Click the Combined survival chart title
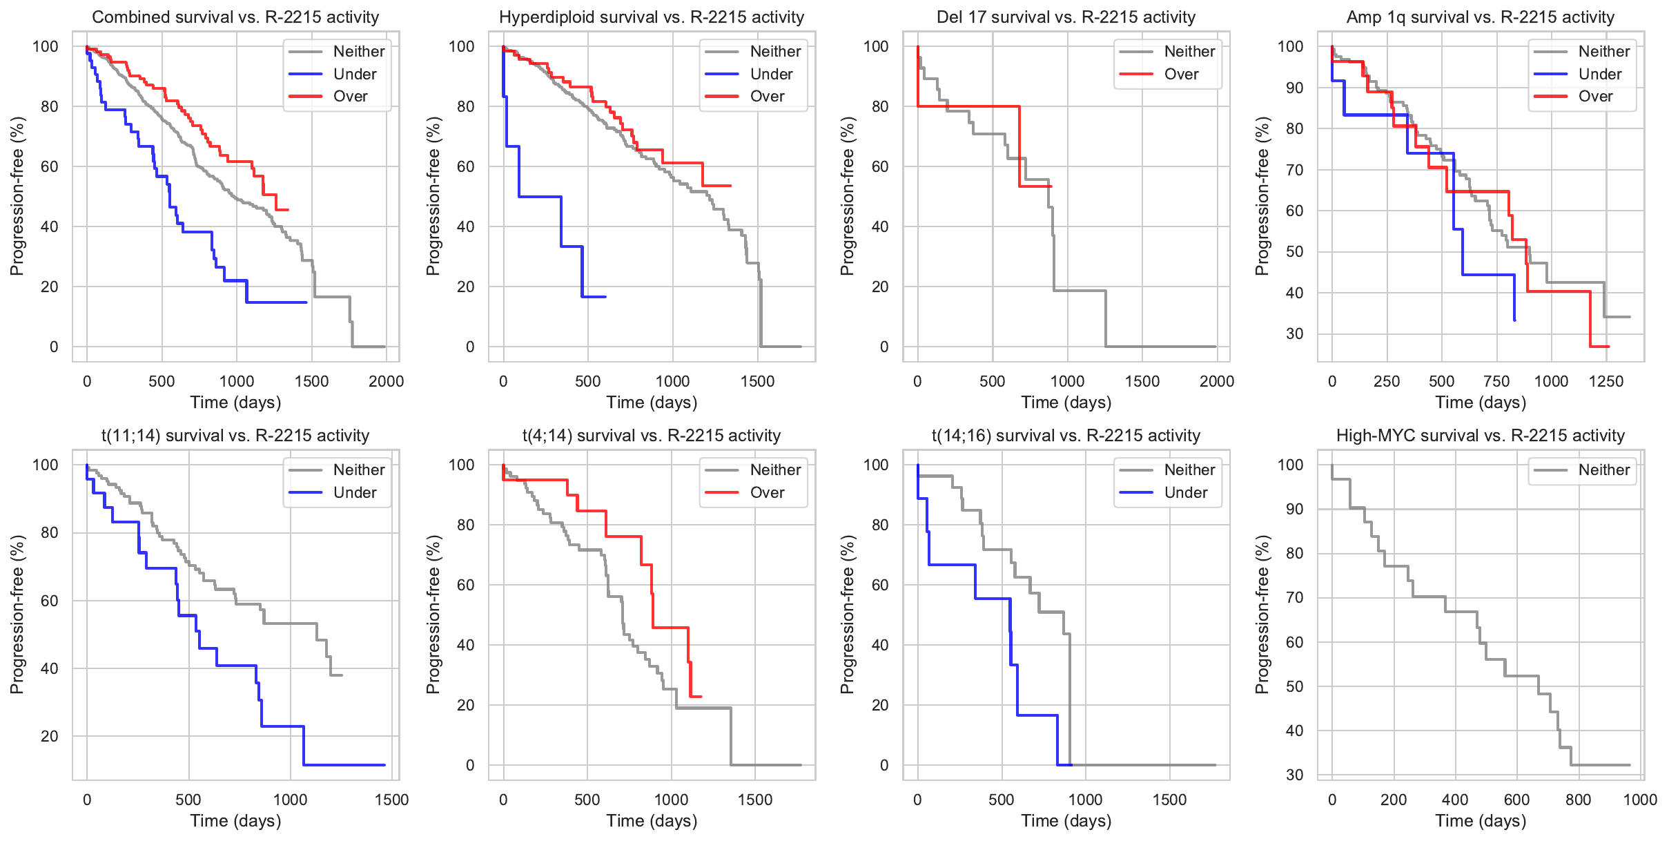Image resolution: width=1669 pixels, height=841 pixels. pos(235,17)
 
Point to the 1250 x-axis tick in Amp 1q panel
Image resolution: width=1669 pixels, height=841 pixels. pos(1605,381)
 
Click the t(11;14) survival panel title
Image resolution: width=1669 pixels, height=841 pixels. pos(235,436)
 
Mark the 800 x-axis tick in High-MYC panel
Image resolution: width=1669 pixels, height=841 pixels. pos(1578,800)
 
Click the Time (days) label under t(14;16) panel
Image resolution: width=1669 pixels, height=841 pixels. pos(1066,821)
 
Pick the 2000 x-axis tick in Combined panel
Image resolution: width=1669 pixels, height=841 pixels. pos(386,381)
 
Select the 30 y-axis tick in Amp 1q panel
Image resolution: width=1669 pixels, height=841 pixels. pos(1294,334)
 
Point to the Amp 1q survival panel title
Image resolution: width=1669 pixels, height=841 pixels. pos(1480,17)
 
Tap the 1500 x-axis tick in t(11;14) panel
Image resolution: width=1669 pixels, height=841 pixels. pos(391,800)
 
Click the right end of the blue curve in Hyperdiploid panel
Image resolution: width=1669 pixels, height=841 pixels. pos(605,297)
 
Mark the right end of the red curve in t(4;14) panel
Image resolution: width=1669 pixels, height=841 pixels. pos(701,697)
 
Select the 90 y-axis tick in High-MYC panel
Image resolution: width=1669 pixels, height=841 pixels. pos(1294,509)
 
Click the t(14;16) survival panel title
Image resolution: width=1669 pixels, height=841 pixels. pos(1066,436)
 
